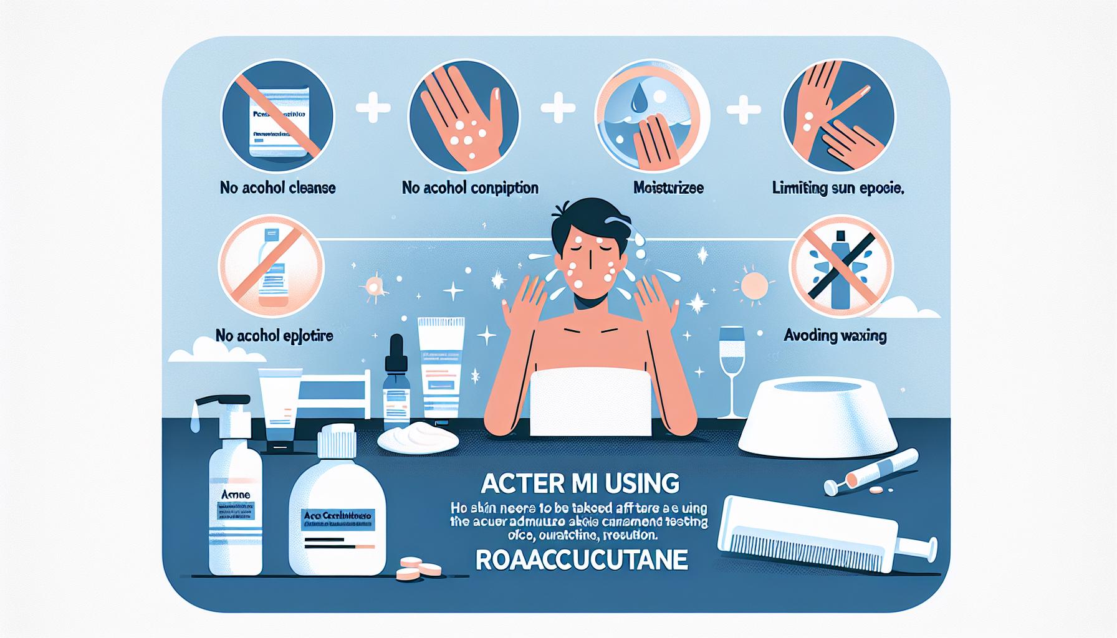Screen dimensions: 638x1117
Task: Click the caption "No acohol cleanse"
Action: pos(278,188)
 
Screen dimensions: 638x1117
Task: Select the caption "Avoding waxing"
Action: pos(835,336)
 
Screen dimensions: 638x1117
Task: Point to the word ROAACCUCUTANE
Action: pos(581,560)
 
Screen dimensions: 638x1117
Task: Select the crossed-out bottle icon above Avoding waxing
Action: pos(841,262)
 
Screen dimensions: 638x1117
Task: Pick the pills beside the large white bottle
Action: pos(419,568)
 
